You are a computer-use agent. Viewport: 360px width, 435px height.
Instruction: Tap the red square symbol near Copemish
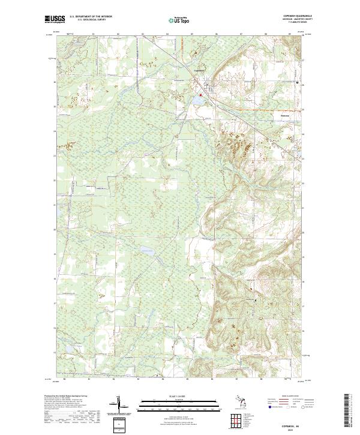[201, 93]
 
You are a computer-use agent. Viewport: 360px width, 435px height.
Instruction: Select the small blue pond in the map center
[146, 250]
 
